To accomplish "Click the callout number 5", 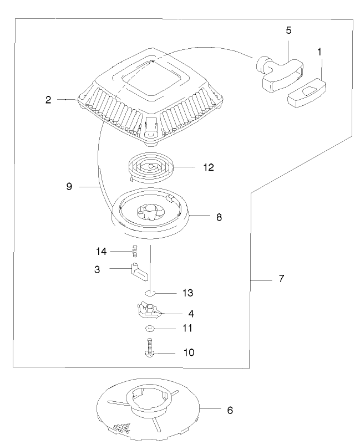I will click(288, 30).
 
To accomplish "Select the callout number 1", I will click(320, 51).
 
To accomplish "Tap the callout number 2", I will click(49, 100).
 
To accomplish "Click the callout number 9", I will click(69, 187).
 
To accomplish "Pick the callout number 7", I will click(281, 279).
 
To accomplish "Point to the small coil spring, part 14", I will click(133, 252).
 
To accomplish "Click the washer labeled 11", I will click(150, 329).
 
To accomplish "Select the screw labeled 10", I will click(150, 349).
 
